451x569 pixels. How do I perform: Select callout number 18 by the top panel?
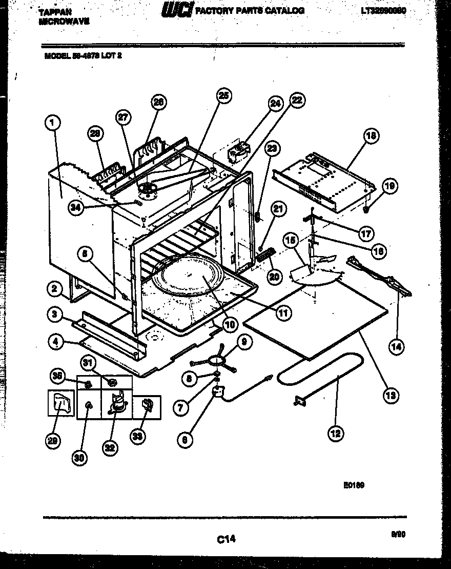coord(371,136)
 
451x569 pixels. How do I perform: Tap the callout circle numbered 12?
coord(336,434)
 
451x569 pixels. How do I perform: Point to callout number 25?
coord(223,95)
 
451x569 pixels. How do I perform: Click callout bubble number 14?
coord(396,347)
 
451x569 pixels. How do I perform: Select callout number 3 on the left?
coord(54,314)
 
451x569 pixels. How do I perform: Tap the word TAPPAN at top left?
coord(55,11)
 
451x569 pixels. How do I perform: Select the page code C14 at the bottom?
coord(225,538)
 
